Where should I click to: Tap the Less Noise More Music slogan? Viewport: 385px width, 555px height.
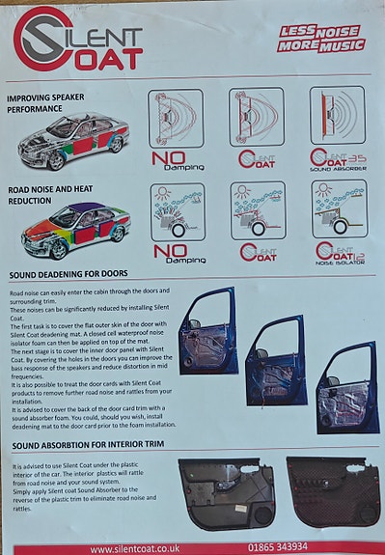[x=321, y=39]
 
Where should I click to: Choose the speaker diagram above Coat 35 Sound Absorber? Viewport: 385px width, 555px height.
[x=337, y=116]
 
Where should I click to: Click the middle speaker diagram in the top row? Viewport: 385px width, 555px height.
[x=257, y=117]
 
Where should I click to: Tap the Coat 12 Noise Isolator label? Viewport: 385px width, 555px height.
[x=340, y=253]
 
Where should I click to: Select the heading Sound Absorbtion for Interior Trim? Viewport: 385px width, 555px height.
[x=94, y=446]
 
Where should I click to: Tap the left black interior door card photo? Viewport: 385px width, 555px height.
[x=226, y=493]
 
